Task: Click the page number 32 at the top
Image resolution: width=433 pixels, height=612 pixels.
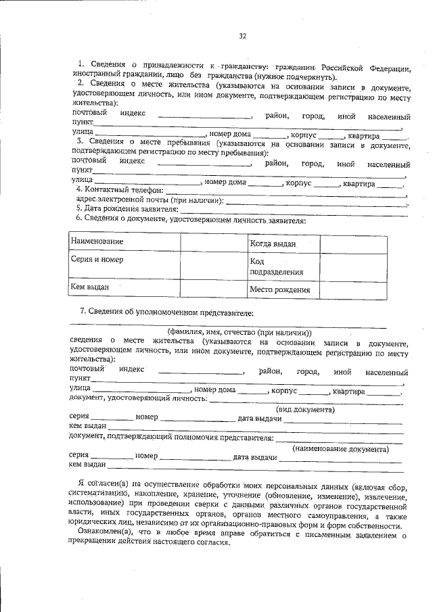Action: [x=242, y=36]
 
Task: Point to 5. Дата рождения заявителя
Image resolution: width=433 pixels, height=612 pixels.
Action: [x=127, y=210]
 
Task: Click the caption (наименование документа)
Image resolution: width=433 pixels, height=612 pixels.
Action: [x=340, y=448]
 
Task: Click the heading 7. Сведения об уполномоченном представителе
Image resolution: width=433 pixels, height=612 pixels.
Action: [x=166, y=312]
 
